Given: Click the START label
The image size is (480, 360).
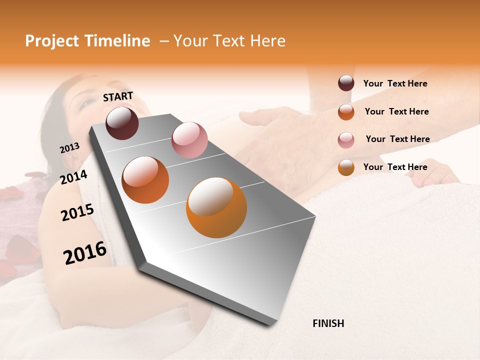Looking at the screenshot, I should click(118, 96).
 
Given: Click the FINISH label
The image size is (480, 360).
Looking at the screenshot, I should click(328, 323).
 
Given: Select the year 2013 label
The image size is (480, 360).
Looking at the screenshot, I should click(69, 148).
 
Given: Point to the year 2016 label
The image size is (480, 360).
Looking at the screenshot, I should click(85, 253).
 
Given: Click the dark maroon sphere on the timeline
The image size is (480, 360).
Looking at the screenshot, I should click(122, 123).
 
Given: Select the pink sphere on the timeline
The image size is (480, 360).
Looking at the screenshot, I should click(189, 139).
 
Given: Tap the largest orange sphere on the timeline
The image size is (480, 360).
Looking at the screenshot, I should click(216, 207).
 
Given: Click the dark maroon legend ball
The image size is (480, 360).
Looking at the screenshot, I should click(346, 83).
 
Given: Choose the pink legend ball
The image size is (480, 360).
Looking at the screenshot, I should click(346, 140).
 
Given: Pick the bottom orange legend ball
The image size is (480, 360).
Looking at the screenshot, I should click(346, 167).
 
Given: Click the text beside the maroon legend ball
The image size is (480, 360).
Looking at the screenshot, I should click(395, 84).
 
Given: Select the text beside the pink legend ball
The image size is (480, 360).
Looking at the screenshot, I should click(397, 139).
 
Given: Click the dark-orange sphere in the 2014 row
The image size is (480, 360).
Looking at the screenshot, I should click(145, 180).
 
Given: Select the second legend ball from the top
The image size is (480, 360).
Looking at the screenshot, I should click(346, 112).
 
